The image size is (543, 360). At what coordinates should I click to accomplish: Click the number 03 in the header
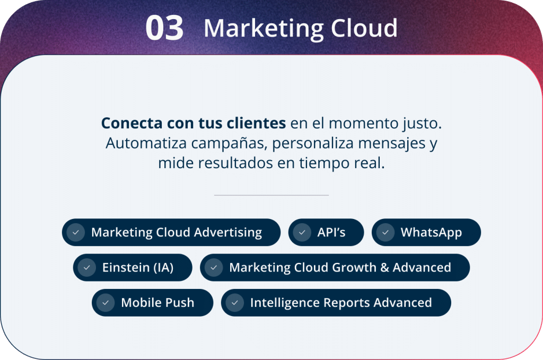pyautogui.click(x=164, y=28)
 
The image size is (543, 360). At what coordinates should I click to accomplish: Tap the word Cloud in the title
pyautogui.click(x=364, y=28)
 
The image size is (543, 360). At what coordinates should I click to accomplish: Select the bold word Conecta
pyautogui.click(x=132, y=123)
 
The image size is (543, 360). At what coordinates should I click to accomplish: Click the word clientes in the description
pyautogui.click(x=256, y=123)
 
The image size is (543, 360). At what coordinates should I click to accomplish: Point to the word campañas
pyautogui.click(x=229, y=143)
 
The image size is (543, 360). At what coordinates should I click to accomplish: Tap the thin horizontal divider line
pyautogui.click(x=271, y=195)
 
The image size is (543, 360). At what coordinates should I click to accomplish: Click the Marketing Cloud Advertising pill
pyautogui.click(x=171, y=232)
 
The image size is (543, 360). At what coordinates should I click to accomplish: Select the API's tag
pyautogui.click(x=326, y=232)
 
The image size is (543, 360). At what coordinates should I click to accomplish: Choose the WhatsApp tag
pyautogui.click(x=426, y=232)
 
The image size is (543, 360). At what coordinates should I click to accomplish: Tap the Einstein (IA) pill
pyautogui.click(x=133, y=268)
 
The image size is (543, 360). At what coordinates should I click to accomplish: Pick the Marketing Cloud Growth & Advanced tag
pyautogui.click(x=335, y=268)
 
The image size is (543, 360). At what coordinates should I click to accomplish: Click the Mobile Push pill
pyautogui.click(x=152, y=303)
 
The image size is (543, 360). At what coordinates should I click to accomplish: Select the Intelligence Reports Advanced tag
pyautogui.click(x=336, y=303)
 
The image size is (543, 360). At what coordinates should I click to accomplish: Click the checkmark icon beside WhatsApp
pyautogui.click(x=386, y=232)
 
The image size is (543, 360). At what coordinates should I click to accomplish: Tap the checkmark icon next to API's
pyautogui.click(x=302, y=232)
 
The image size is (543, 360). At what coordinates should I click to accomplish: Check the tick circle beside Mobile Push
pyautogui.click(x=106, y=303)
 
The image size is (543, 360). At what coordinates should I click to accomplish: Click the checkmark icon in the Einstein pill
pyautogui.click(x=87, y=268)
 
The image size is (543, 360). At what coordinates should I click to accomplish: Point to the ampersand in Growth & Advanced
pyautogui.click(x=384, y=268)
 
